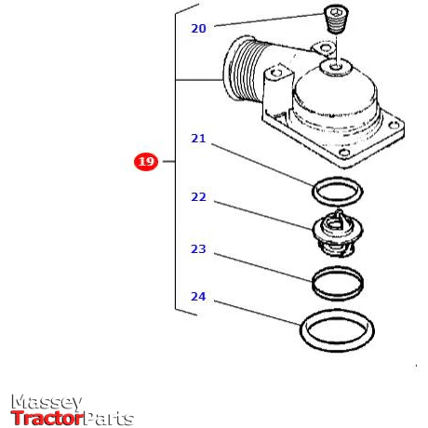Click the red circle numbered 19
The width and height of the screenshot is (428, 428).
pyautogui.click(x=146, y=162)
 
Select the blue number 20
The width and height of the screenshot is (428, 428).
pyautogui.click(x=198, y=29)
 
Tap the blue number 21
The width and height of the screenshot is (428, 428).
pyautogui.click(x=198, y=139)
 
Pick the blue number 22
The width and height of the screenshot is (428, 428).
pyautogui.click(x=198, y=197)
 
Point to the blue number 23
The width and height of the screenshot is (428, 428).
pyautogui.click(x=198, y=248)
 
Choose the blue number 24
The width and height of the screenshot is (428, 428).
pyautogui.click(x=198, y=297)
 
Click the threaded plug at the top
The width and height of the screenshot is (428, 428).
pyautogui.click(x=336, y=20)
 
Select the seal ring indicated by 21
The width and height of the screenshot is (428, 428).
pyautogui.click(x=314, y=191)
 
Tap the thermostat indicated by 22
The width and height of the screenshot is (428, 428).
pyautogui.click(x=337, y=233)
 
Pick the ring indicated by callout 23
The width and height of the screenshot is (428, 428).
pyautogui.click(x=314, y=282)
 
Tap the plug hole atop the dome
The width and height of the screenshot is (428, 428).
pyautogui.click(x=335, y=66)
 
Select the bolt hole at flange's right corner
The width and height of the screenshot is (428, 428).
pyautogui.click(x=393, y=125)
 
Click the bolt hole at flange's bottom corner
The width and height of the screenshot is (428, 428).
pyautogui.click(x=343, y=153)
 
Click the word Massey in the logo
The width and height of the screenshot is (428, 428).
pyautogui.click(x=47, y=402)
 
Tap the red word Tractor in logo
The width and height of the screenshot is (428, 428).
pyautogui.click(x=47, y=418)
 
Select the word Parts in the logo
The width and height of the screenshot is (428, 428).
pyautogui.click(x=109, y=419)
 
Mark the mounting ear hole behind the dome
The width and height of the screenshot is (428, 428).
pyautogui.click(x=325, y=48)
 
